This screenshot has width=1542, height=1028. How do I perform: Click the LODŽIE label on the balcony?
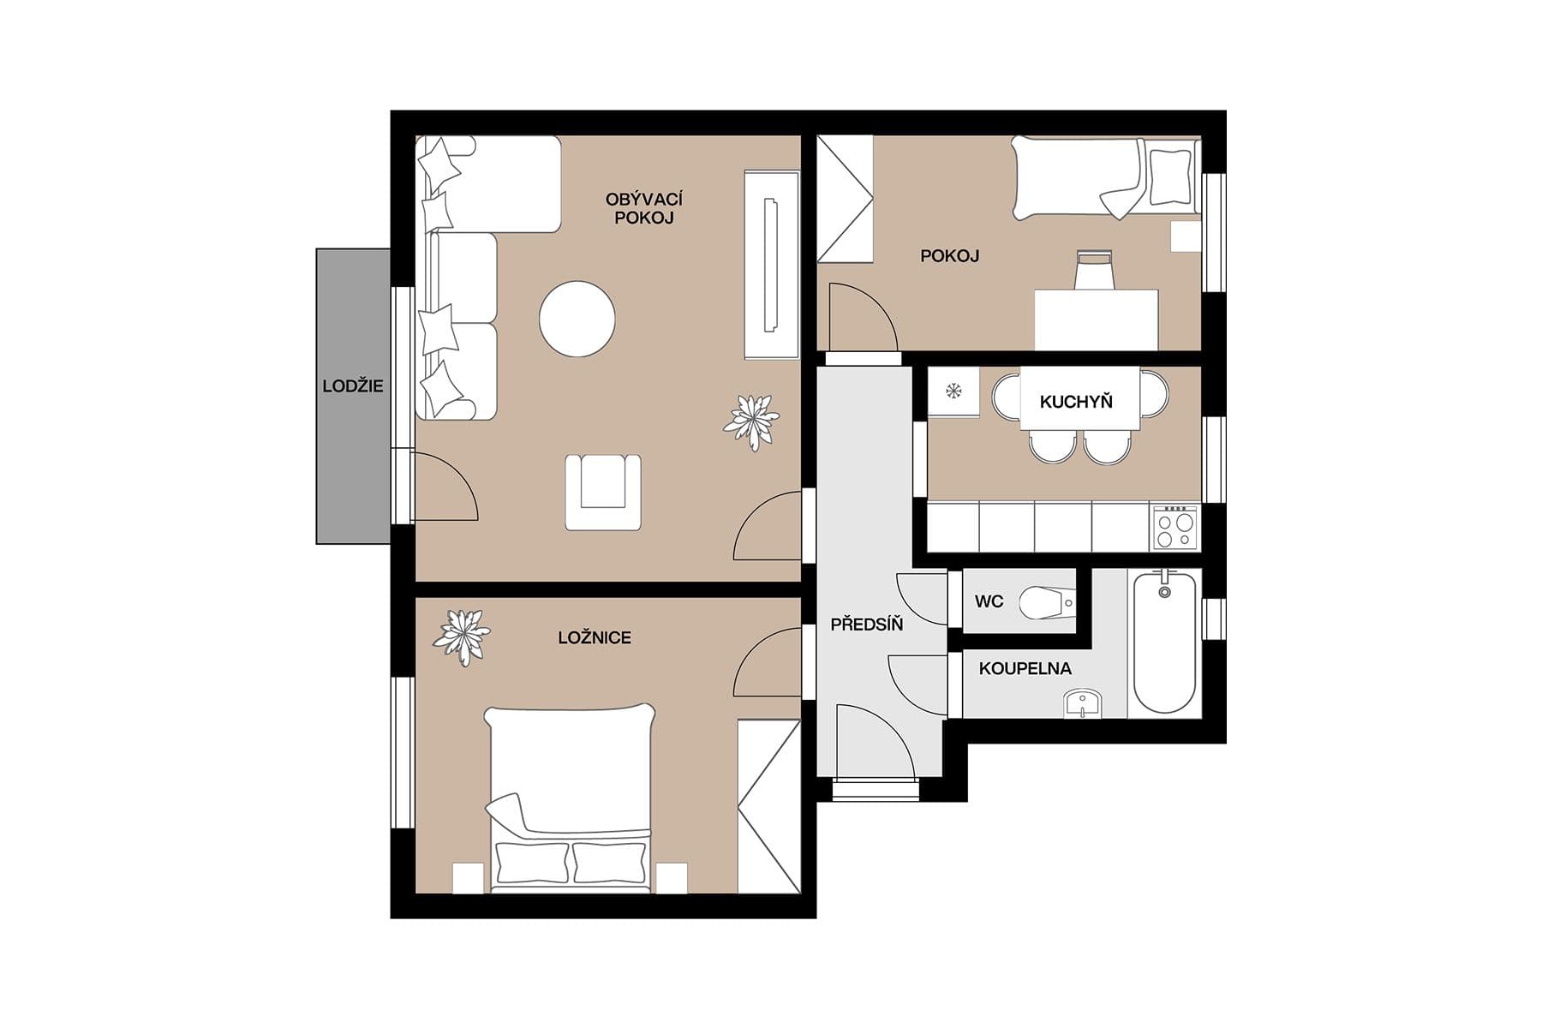pyautogui.click(x=353, y=386)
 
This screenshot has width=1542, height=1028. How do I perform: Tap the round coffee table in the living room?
pyautogui.click(x=577, y=319)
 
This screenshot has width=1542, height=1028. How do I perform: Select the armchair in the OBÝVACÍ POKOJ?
pyautogui.click(x=603, y=492)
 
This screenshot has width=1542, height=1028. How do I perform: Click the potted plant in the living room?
pyautogui.click(x=752, y=421)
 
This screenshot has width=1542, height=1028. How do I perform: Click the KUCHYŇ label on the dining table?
pyautogui.click(x=1076, y=402)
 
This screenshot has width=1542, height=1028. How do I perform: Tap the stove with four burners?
pyautogui.click(x=1175, y=528)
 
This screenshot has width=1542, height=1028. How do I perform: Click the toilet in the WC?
pyautogui.click(x=1046, y=603)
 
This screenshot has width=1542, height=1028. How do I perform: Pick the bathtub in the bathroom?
pyautogui.click(x=1164, y=642)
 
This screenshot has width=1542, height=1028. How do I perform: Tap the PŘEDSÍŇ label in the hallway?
pyautogui.click(x=866, y=625)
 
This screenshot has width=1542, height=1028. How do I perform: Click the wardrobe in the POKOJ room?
pyautogui.click(x=844, y=199)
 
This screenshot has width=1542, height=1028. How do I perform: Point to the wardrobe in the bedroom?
pyautogui.click(x=768, y=806)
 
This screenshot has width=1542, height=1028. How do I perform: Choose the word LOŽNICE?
pyautogui.click(x=594, y=638)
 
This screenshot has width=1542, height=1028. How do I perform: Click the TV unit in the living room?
pyautogui.click(x=771, y=265)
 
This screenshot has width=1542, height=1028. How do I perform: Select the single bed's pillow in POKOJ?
pyautogui.click(x=1170, y=176)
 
